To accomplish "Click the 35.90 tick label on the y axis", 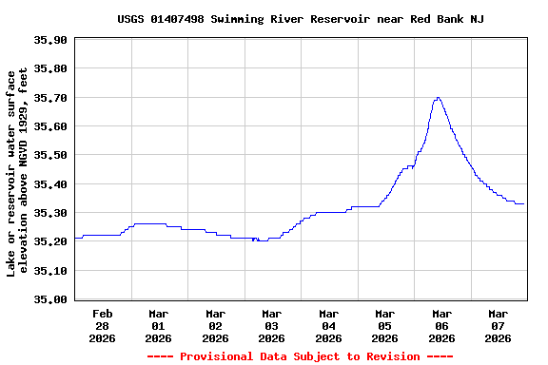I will click(x=49, y=40).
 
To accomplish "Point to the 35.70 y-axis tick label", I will click(x=49, y=98).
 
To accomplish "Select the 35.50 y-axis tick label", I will click(x=49, y=155).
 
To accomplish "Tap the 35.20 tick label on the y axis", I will click(x=49, y=241).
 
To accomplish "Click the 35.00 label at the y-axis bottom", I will click(x=49, y=299).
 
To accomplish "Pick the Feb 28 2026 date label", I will click(x=103, y=325).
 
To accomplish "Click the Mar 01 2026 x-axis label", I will click(x=159, y=325).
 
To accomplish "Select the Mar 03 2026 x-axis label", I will click(x=272, y=325).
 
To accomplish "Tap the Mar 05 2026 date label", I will click(x=384, y=325).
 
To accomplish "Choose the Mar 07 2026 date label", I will click(x=498, y=325).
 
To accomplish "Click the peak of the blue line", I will click(x=438, y=97).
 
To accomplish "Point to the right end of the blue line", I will click(x=524, y=203).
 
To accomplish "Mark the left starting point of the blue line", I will click(x=74, y=238).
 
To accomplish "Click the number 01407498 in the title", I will click(x=185, y=19).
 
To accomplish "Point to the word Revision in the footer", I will click(x=388, y=356).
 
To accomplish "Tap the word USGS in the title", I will click(x=131, y=19).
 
